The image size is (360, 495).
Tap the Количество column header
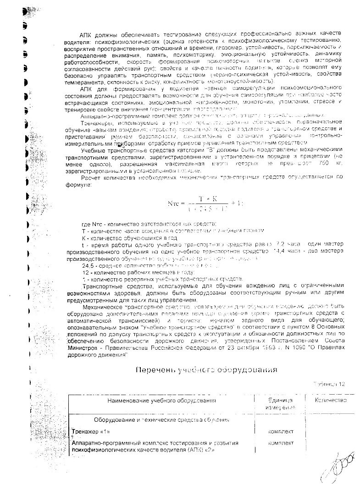[x=330, y=400]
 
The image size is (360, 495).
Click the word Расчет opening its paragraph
[x=90, y=177]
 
